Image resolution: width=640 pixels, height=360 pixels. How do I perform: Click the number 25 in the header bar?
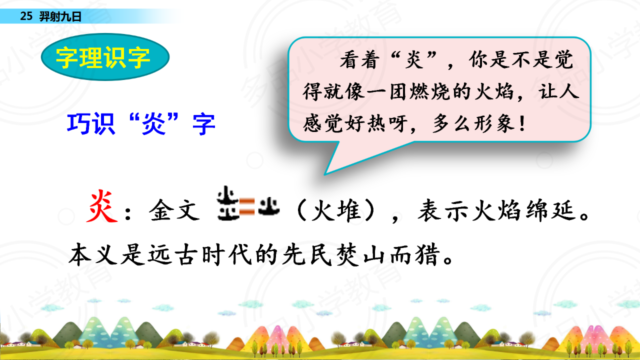click(x=26, y=16)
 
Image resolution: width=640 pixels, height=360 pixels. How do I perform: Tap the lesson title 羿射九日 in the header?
click(x=60, y=16)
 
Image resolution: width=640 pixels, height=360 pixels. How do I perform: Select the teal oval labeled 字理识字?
click(x=105, y=57)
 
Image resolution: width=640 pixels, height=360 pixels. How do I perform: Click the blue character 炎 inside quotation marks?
click(x=153, y=123)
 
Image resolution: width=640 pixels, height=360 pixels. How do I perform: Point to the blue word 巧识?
click(x=91, y=123)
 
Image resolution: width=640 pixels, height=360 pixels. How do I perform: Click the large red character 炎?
click(x=101, y=206)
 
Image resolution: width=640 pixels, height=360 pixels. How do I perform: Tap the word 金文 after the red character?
click(x=174, y=210)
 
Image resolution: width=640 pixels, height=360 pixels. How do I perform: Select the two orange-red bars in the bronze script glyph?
click(x=246, y=206)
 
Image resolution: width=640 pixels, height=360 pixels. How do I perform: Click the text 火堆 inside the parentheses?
click(x=335, y=210)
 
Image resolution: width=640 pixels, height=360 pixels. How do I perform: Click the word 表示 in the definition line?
click(x=442, y=210)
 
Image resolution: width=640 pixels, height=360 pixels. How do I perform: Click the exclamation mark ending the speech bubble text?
click(x=522, y=123)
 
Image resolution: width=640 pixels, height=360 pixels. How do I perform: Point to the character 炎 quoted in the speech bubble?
click(x=414, y=59)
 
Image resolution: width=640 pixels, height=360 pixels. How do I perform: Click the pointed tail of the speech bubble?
click(x=325, y=173)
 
